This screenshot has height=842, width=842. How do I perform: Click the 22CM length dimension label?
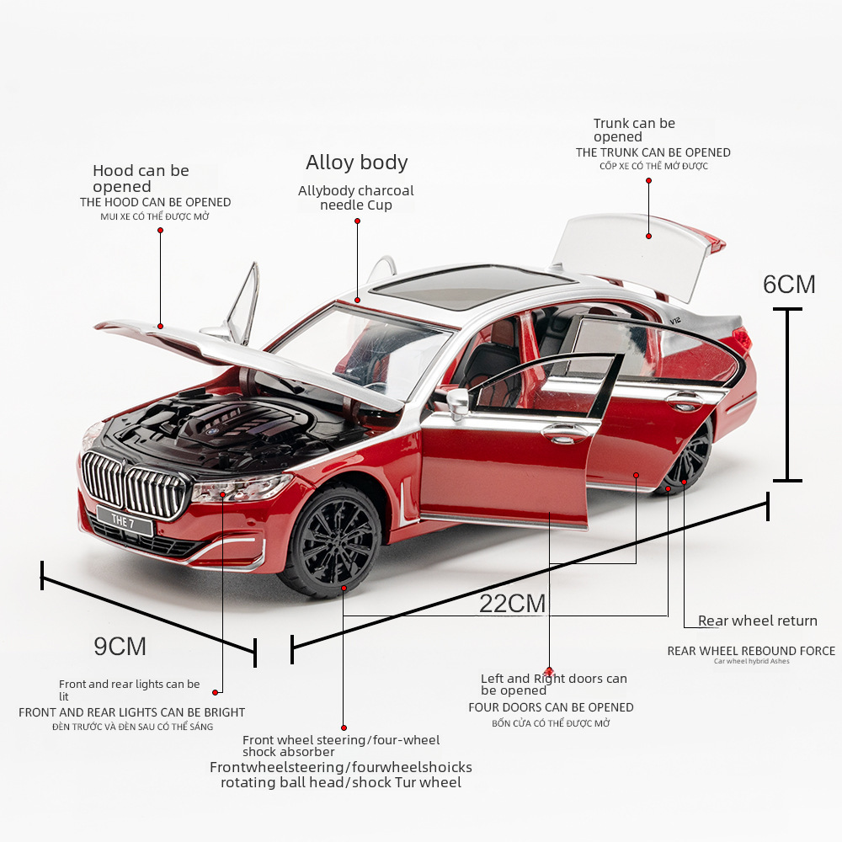(x=513, y=604)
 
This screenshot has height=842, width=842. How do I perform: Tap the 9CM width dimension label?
(x=120, y=647)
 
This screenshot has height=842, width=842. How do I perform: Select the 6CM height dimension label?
(x=789, y=285)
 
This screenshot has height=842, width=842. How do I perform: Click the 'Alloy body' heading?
(x=357, y=163)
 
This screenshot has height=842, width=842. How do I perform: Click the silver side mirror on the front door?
(x=458, y=402)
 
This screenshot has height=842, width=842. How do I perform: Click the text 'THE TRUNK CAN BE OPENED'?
(x=653, y=152)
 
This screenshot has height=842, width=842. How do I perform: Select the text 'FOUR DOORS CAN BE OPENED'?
(x=551, y=707)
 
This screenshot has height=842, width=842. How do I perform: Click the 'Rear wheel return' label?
(x=758, y=621)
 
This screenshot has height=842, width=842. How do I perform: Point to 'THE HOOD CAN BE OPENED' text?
(x=156, y=202)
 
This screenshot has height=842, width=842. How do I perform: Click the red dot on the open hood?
(x=160, y=325)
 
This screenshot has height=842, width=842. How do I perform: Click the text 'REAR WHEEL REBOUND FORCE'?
(x=751, y=651)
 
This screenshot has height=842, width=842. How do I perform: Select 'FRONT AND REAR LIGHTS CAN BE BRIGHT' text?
(x=132, y=712)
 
